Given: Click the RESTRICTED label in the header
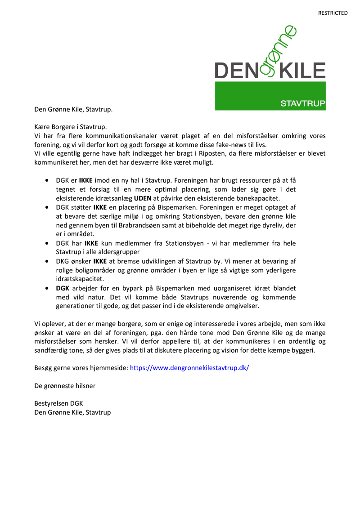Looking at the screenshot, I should click(x=333, y=13).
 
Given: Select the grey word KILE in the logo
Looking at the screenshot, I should click(x=302, y=71).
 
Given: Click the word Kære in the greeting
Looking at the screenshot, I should click(x=43, y=127).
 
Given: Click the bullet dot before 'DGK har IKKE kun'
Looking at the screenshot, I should click(x=47, y=243).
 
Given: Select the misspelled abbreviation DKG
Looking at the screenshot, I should click(x=63, y=261).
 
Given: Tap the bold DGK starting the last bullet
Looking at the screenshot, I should click(x=63, y=288).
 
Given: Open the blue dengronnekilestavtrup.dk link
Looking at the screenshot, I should click(x=189, y=368).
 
